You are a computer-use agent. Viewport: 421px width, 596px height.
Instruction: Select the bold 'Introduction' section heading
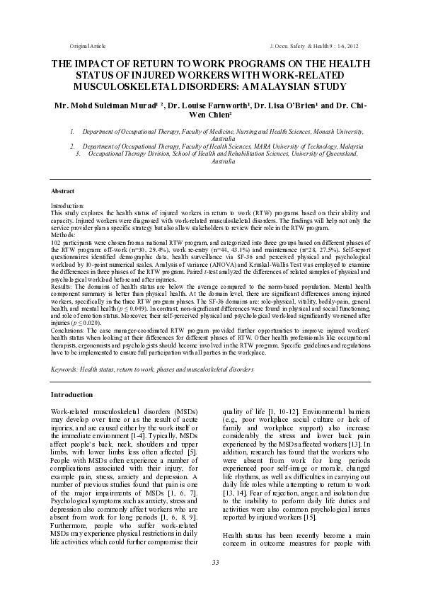tap(72, 394)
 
